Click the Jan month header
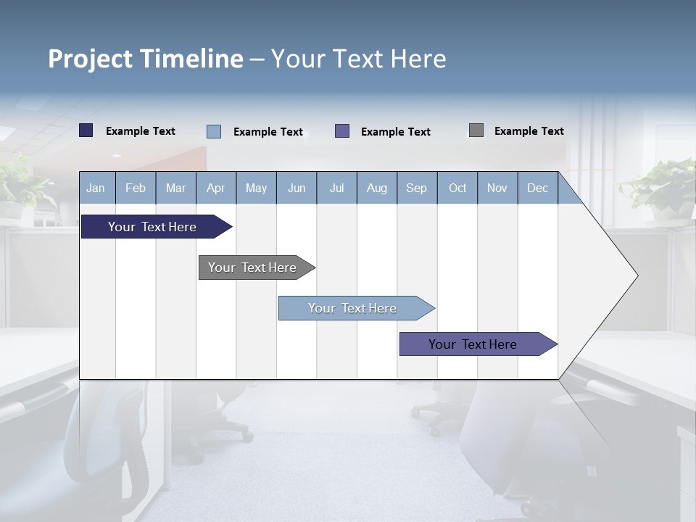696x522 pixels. (96, 188)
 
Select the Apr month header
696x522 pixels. (216, 188)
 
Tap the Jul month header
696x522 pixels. (336, 188)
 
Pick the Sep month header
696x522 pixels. (417, 188)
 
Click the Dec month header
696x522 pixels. (537, 188)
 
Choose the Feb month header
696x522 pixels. (136, 188)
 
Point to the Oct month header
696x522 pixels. (457, 188)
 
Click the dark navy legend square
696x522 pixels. (86, 130)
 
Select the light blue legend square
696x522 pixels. (214, 131)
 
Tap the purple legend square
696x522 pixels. (342, 130)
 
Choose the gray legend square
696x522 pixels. (476, 130)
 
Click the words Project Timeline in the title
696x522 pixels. (146, 59)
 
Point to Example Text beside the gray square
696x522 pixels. (529, 131)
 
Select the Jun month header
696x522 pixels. (297, 188)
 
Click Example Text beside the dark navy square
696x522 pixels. (141, 131)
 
